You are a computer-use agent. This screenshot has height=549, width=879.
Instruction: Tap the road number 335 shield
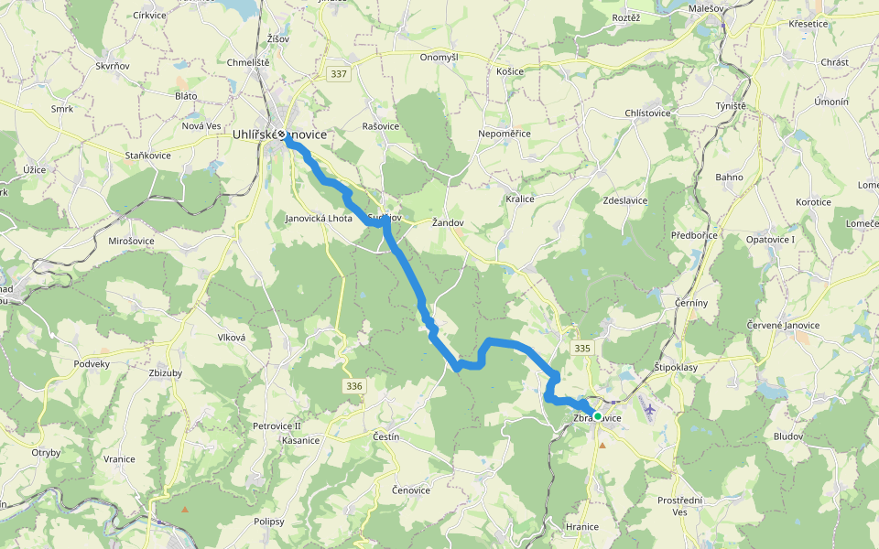pyautogui.click(x=582, y=349)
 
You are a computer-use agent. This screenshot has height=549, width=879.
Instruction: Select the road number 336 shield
pyautogui.click(x=355, y=387)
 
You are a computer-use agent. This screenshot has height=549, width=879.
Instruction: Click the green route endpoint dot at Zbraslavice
pyautogui.click(x=598, y=416)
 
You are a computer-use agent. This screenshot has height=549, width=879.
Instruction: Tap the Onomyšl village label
pyautogui.click(x=439, y=57)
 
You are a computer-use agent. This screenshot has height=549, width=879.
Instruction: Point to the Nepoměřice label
pyautogui.click(x=505, y=134)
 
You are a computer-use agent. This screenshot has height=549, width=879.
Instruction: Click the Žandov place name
pyautogui.click(x=449, y=222)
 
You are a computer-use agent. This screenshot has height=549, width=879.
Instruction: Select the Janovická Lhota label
pyautogui.click(x=319, y=219)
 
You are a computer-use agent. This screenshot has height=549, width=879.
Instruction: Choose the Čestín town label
pyautogui.click(x=386, y=437)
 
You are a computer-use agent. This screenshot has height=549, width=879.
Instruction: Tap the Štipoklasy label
pyautogui.click(x=676, y=368)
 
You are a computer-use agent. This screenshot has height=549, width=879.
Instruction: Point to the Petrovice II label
pyautogui.click(x=277, y=426)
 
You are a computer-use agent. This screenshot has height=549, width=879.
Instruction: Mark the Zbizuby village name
pyautogui.click(x=166, y=373)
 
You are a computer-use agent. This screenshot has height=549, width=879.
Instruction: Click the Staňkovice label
pyautogui.click(x=148, y=156)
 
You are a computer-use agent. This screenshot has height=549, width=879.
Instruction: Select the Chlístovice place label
pyautogui.click(x=647, y=113)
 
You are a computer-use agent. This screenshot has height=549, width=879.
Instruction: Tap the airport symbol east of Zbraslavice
pyautogui.click(x=650, y=409)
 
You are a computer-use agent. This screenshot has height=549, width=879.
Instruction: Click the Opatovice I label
pyautogui.click(x=770, y=240)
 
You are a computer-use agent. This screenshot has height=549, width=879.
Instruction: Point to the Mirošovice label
pyautogui.click(x=125, y=241)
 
